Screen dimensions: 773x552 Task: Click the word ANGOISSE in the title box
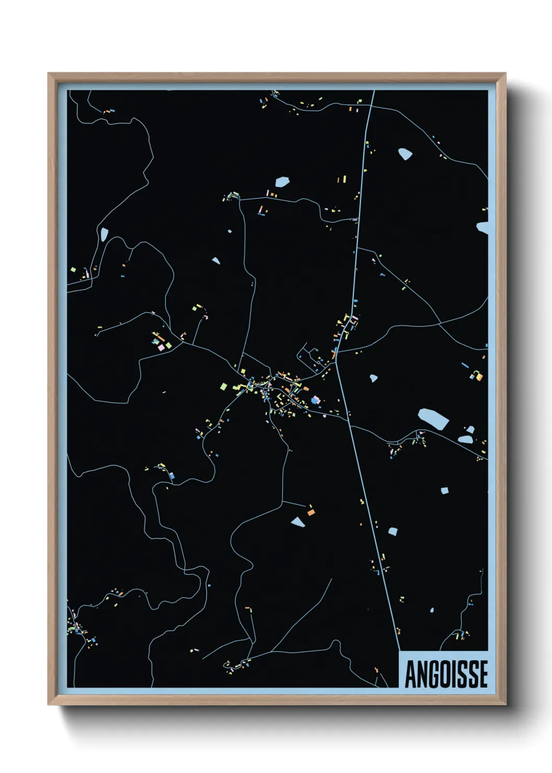point(446,674)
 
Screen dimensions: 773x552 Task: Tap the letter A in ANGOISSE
point(411,674)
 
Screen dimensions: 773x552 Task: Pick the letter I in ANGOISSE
point(454,674)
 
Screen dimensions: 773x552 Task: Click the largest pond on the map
point(433,418)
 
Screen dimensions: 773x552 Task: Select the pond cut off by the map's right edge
point(483,228)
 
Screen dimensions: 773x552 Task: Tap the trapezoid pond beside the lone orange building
point(297,521)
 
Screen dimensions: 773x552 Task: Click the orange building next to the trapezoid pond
point(311,512)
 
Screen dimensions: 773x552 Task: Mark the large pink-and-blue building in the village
point(315,400)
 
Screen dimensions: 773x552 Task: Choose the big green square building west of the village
point(224,387)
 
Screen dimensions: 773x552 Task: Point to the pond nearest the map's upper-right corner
point(405,154)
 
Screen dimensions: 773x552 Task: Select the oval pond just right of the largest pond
point(465,439)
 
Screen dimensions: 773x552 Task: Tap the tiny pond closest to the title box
point(432,610)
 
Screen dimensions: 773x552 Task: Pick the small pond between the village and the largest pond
point(374,378)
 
